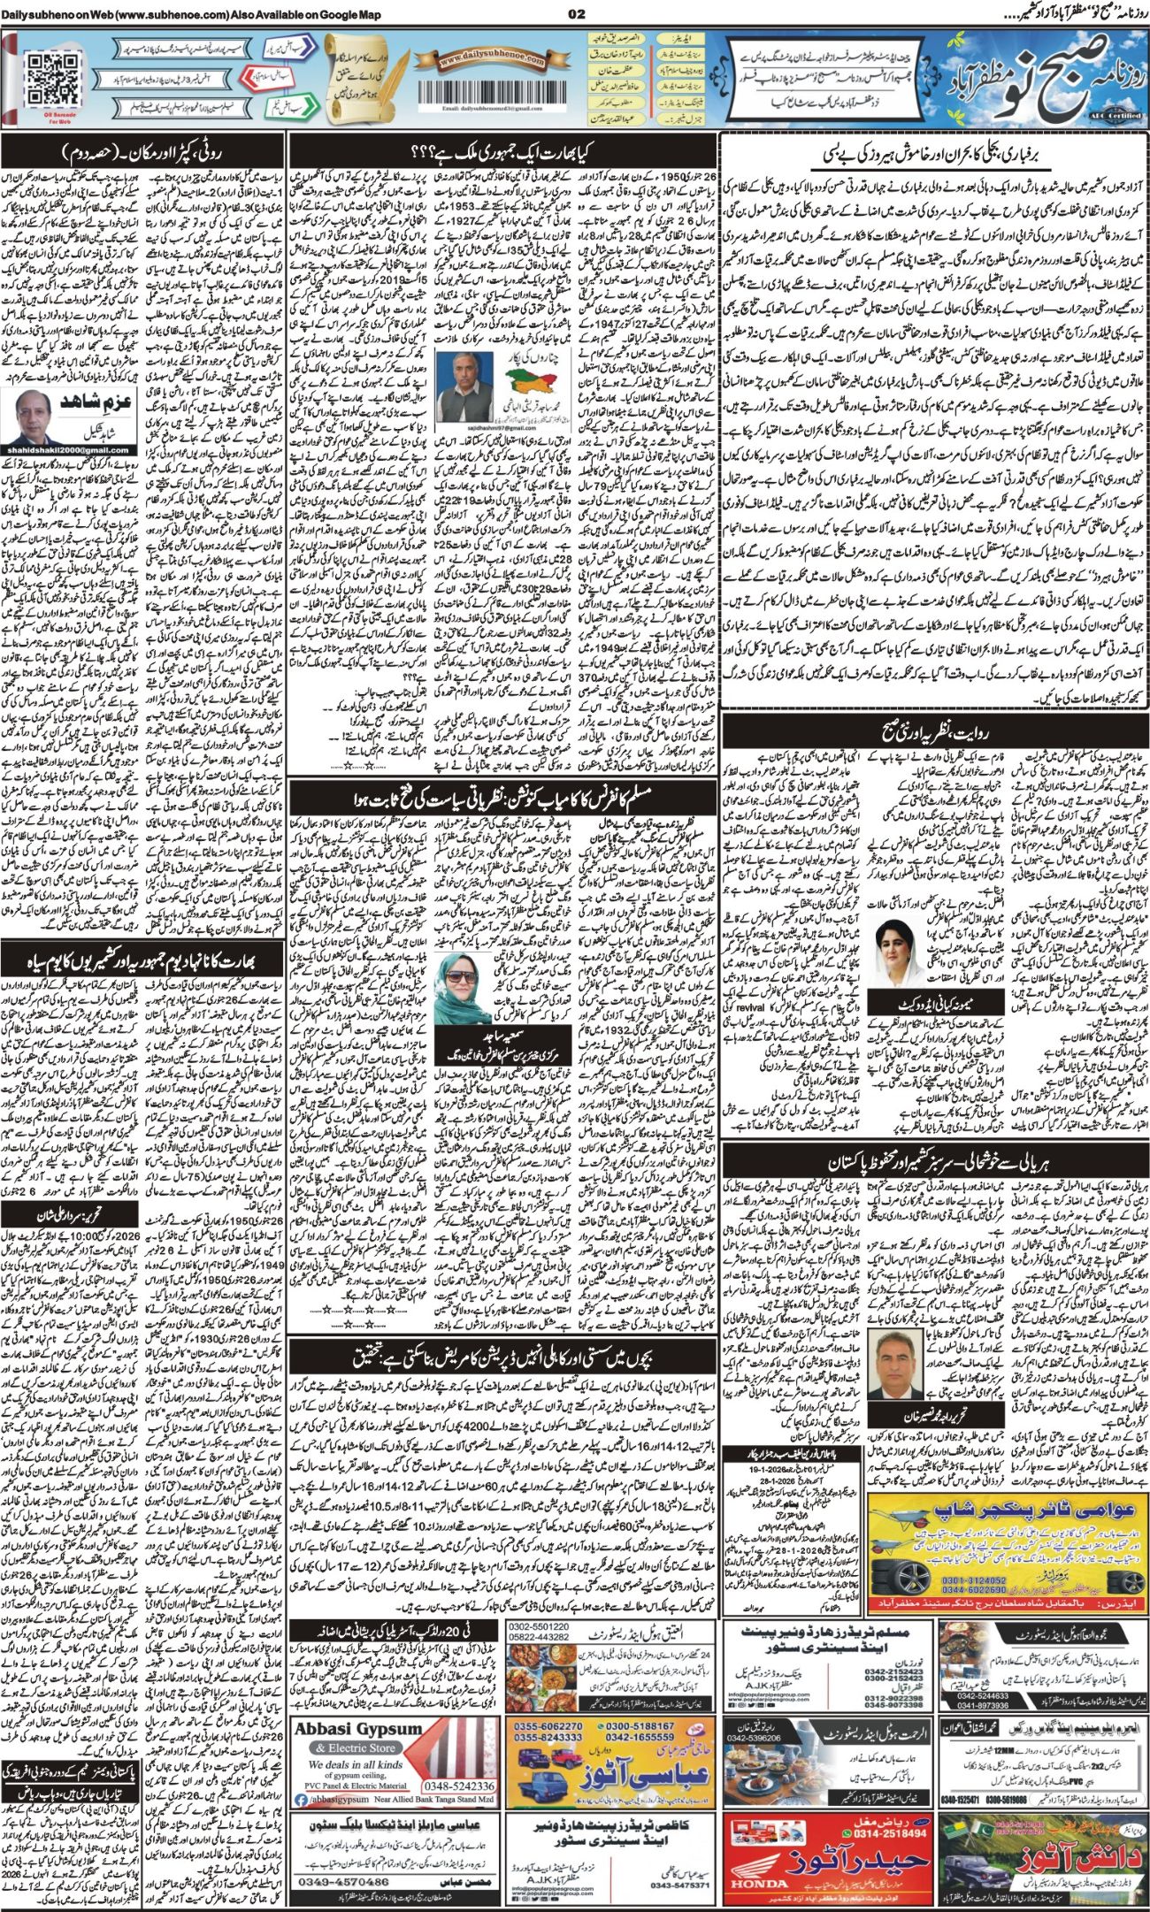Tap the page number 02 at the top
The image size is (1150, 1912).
pos(576,13)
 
